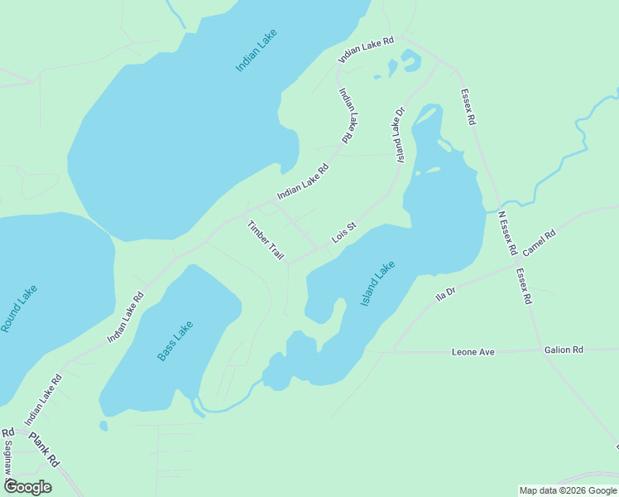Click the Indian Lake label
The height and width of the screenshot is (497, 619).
coord(256,51)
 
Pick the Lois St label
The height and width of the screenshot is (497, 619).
coord(343,232)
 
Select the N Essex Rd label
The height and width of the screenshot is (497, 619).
coord(506,233)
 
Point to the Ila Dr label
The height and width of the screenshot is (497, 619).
coord(446,294)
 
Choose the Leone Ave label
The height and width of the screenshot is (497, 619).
coord(473,352)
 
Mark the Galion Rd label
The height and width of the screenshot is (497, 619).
coord(564,350)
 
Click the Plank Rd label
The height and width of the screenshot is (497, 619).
coord(44,448)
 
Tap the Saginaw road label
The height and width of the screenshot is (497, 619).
coord(7,456)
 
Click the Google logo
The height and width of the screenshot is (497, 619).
coord(27,486)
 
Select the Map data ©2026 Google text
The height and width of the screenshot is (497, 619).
coord(567,490)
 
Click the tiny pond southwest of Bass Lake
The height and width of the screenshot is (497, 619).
coord(103,427)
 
